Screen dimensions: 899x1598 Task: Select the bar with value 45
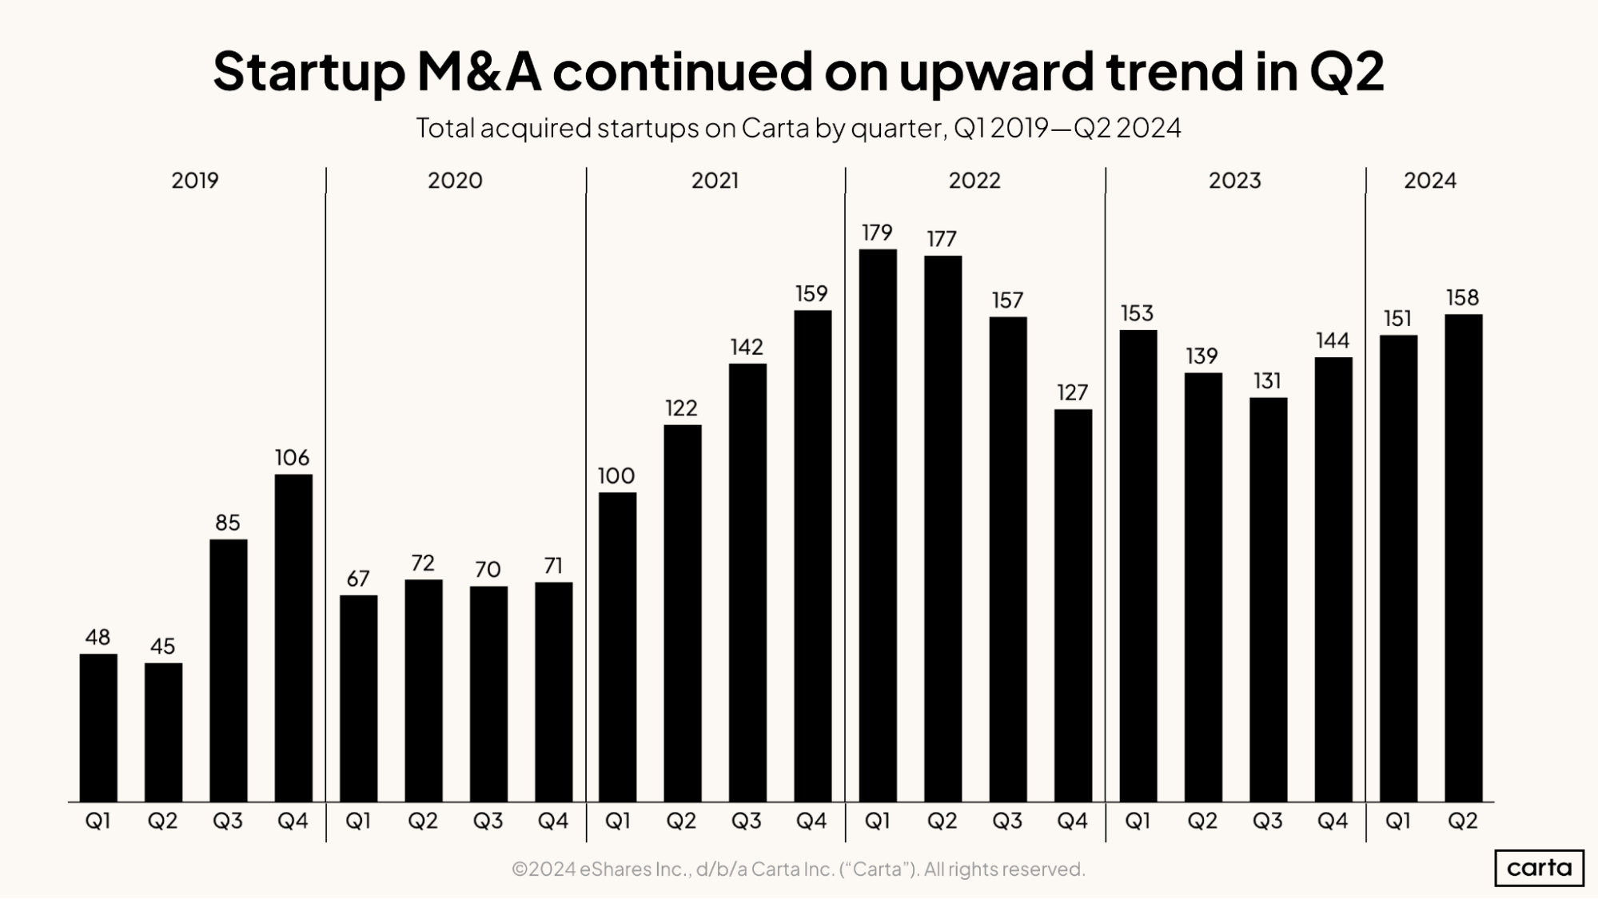pyautogui.click(x=163, y=732)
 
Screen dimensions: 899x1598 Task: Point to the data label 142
pyautogui.click(x=746, y=347)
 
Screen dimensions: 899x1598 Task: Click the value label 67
pyautogui.click(x=357, y=579)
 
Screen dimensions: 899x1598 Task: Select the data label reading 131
pyautogui.click(x=1267, y=381)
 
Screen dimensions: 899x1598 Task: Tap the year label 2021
pyautogui.click(x=715, y=181)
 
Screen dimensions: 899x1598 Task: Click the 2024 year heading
pyautogui.click(x=1429, y=181)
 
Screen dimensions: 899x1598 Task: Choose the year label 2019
pyautogui.click(x=194, y=181)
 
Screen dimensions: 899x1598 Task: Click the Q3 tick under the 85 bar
pyautogui.click(x=228, y=821)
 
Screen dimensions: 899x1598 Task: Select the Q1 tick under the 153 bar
pyautogui.click(x=1137, y=821)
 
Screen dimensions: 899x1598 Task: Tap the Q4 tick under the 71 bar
pyautogui.click(x=552, y=821)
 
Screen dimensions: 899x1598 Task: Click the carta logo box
pyautogui.click(x=1539, y=868)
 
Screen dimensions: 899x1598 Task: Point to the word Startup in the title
pyautogui.click(x=309, y=72)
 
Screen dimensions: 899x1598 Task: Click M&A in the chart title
pyautogui.click(x=479, y=72)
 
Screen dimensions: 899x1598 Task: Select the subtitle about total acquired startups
pyautogui.click(x=798, y=128)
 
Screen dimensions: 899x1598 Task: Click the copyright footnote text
pyautogui.click(x=798, y=869)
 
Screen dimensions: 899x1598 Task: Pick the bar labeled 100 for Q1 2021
pyautogui.click(x=617, y=646)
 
